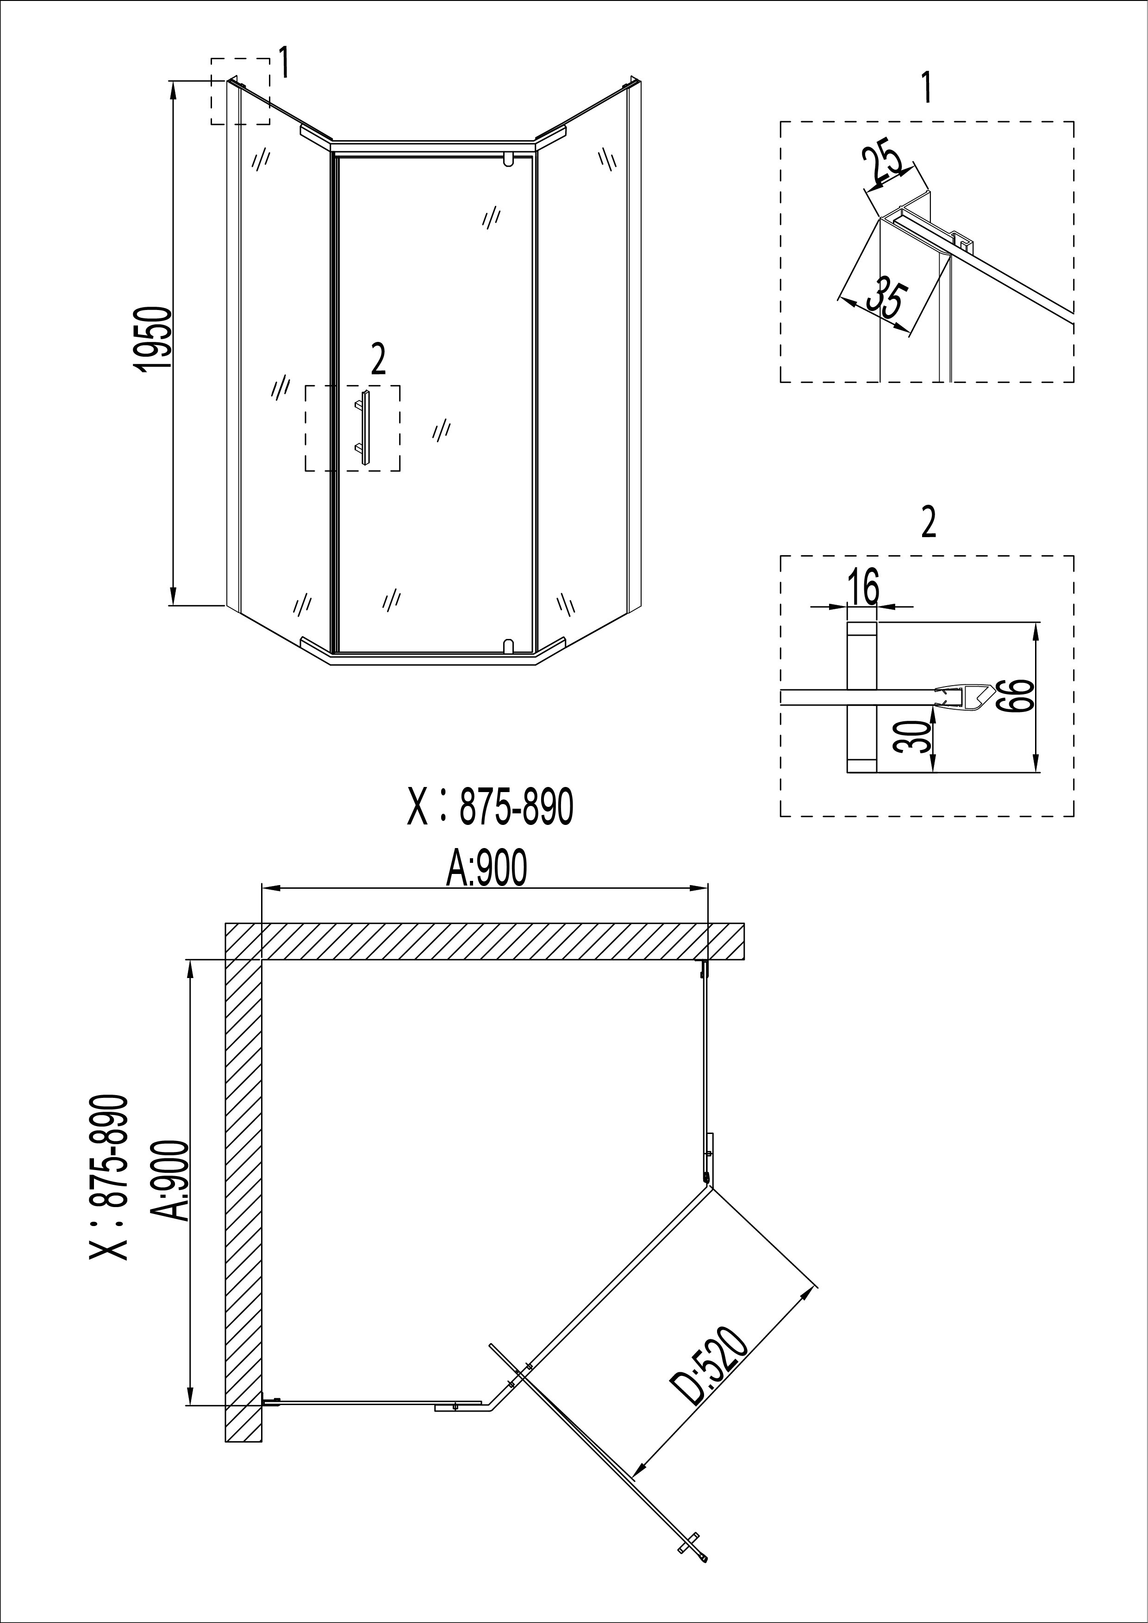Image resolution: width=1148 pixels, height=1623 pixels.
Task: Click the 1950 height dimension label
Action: click(153, 337)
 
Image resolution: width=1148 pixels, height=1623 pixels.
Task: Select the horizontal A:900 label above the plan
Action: click(487, 869)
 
